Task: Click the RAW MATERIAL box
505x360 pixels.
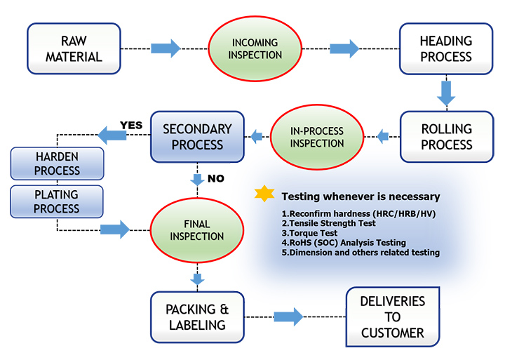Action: tap(73, 48)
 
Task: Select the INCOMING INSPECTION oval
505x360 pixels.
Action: tap(256, 48)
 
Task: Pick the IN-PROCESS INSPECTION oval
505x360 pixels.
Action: tap(316, 136)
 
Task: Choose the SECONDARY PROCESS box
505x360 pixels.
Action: tap(197, 136)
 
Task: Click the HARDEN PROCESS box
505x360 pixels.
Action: tap(57, 164)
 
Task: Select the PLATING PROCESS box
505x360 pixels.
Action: tap(57, 201)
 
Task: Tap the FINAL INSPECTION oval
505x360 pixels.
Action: tap(198, 229)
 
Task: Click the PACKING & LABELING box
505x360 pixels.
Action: tap(197, 316)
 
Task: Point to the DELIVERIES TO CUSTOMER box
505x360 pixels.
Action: tap(392, 316)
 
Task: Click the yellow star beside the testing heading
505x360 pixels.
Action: tap(265, 195)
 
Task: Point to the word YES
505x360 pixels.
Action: tap(131, 126)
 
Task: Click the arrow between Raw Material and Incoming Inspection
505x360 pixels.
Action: tap(166, 48)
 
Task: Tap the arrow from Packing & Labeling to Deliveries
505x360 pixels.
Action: tap(288, 316)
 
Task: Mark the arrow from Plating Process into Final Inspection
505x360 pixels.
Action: tap(115, 229)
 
